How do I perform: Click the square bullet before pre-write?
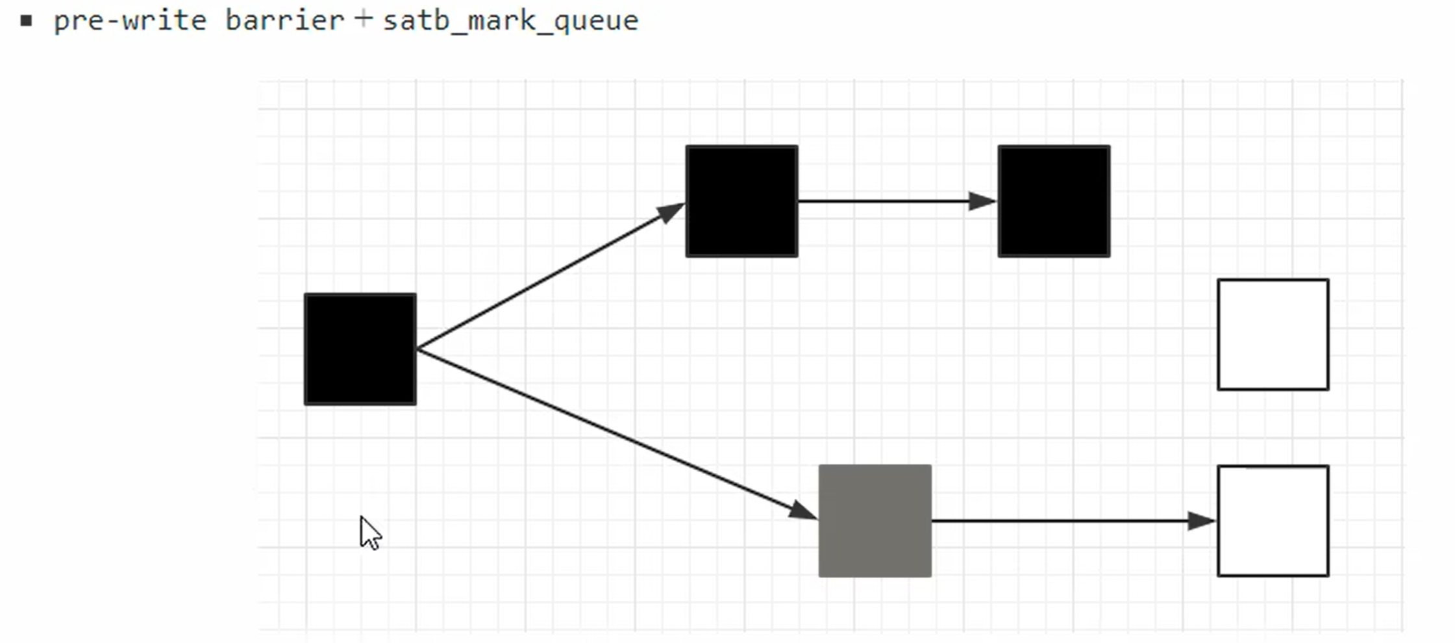[x=26, y=21]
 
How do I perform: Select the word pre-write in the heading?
[x=130, y=21]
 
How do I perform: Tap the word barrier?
[x=284, y=21]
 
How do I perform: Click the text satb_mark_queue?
[x=510, y=21]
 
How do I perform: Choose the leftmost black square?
[x=360, y=349]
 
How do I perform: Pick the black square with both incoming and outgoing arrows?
[x=741, y=201]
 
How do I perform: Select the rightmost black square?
[x=1054, y=201]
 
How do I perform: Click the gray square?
[x=875, y=520]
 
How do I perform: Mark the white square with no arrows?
[x=1273, y=334]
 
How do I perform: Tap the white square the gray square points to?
[x=1273, y=520]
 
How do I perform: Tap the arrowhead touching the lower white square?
[x=1201, y=520]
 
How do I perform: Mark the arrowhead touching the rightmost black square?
[x=982, y=201]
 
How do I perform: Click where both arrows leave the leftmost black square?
[x=419, y=349]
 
